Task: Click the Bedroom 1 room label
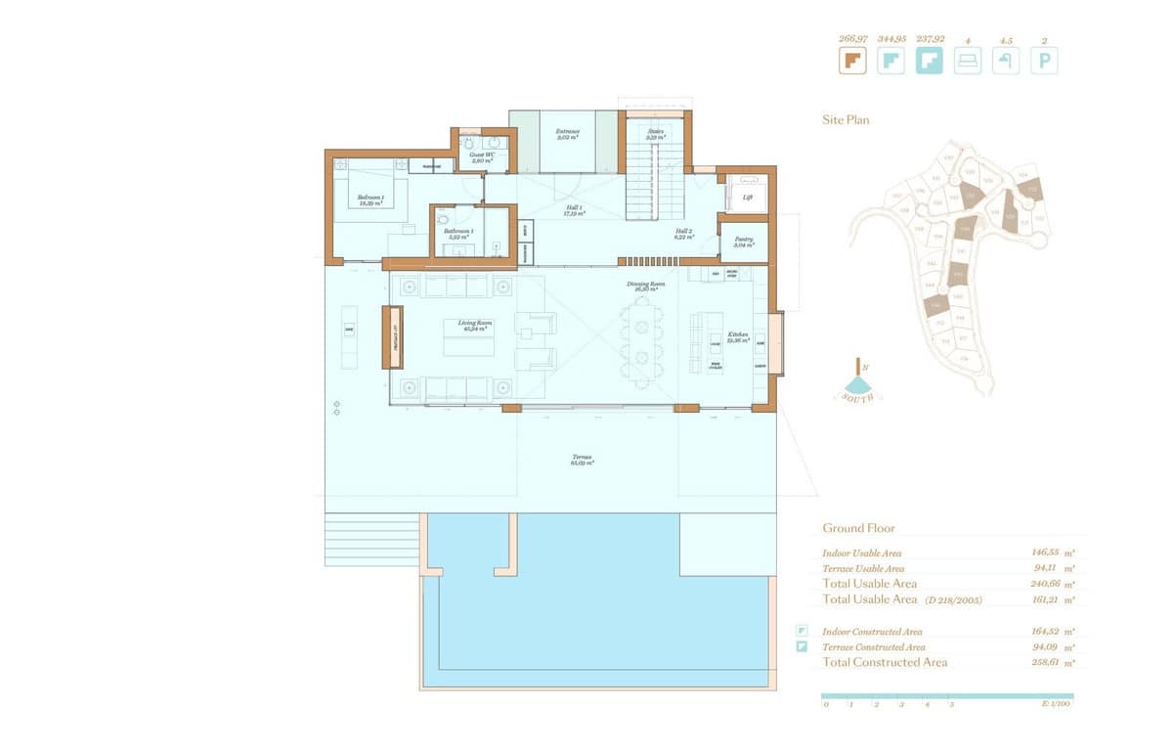(x=370, y=199)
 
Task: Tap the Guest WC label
(x=480, y=155)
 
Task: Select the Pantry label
(x=744, y=242)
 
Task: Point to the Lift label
(x=748, y=197)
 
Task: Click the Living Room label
(x=474, y=325)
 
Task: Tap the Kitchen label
(x=737, y=336)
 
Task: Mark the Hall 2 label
(x=683, y=233)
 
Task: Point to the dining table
(x=641, y=342)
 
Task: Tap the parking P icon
(x=1044, y=62)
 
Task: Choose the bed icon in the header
(x=968, y=62)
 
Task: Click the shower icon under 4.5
(x=1006, y=62)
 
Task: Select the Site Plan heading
(x=845, y=120)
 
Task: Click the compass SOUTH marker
(x=860, y=396)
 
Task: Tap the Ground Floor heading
(x=858, y=528)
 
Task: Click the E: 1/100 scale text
(x=1057, y=704)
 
